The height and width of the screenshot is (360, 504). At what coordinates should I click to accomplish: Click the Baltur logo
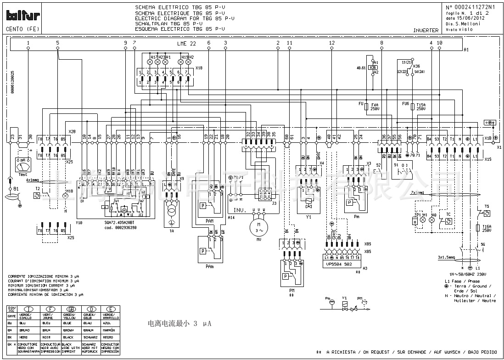tap(22, 16)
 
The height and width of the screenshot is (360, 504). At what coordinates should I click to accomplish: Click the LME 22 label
tap(186, 43)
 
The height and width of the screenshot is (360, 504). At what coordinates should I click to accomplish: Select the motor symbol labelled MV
tap(258, 227)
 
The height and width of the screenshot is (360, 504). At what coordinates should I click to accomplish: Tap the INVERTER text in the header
tap(426, 30)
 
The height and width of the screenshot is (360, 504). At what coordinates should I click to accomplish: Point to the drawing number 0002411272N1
tap(474, 7)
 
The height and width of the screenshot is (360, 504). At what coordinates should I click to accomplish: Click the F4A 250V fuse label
tap(375, 107)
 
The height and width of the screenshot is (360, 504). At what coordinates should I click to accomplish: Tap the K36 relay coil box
tap(373, 67)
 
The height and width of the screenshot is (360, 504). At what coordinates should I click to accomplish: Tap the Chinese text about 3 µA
tap(179, 324)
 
